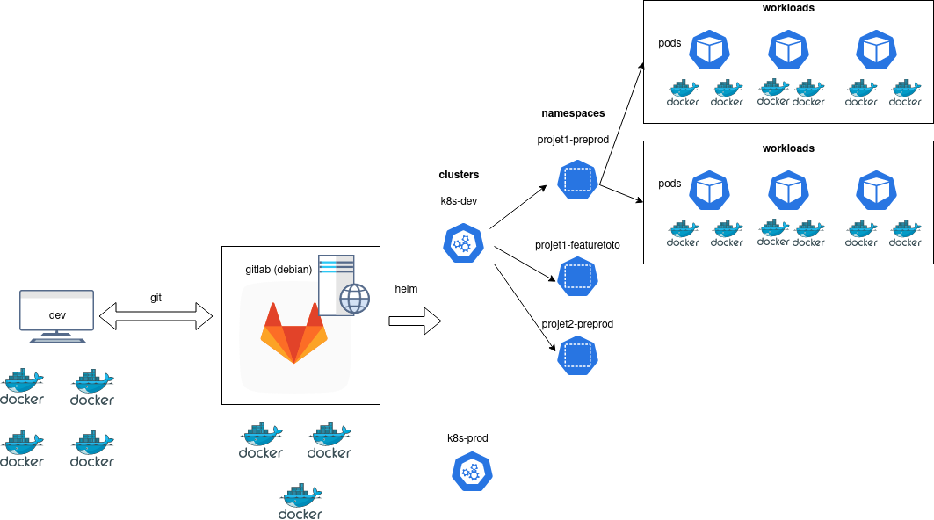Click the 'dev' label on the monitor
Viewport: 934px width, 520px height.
[57, 315]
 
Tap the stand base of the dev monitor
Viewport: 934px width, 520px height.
[57, 338]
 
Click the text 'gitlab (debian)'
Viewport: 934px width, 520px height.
[279, 270]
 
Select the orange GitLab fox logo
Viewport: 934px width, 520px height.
[293, 333]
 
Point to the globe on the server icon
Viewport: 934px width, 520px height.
[355, 299]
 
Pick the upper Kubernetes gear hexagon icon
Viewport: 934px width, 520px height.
[463, 243]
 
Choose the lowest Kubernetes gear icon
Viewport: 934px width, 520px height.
[473, 472]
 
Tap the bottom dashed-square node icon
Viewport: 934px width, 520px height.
[577, 356]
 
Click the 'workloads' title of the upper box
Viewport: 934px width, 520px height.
[788, 8]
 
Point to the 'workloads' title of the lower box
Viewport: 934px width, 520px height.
[788, 148]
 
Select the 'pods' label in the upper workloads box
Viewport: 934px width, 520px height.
[670, 43]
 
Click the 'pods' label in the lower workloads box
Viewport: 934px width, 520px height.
[670, 184]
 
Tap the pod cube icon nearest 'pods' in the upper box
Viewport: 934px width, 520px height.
[710, 50]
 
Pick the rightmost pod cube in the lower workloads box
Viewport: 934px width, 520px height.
[876, 191]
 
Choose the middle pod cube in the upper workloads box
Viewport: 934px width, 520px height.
[788, 50]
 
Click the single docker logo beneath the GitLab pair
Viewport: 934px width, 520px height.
[300, 502]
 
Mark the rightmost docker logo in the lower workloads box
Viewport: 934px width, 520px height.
[905, 232]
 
